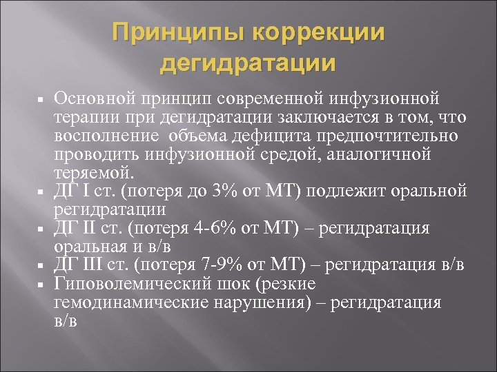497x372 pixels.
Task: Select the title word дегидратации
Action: click(248, 63)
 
